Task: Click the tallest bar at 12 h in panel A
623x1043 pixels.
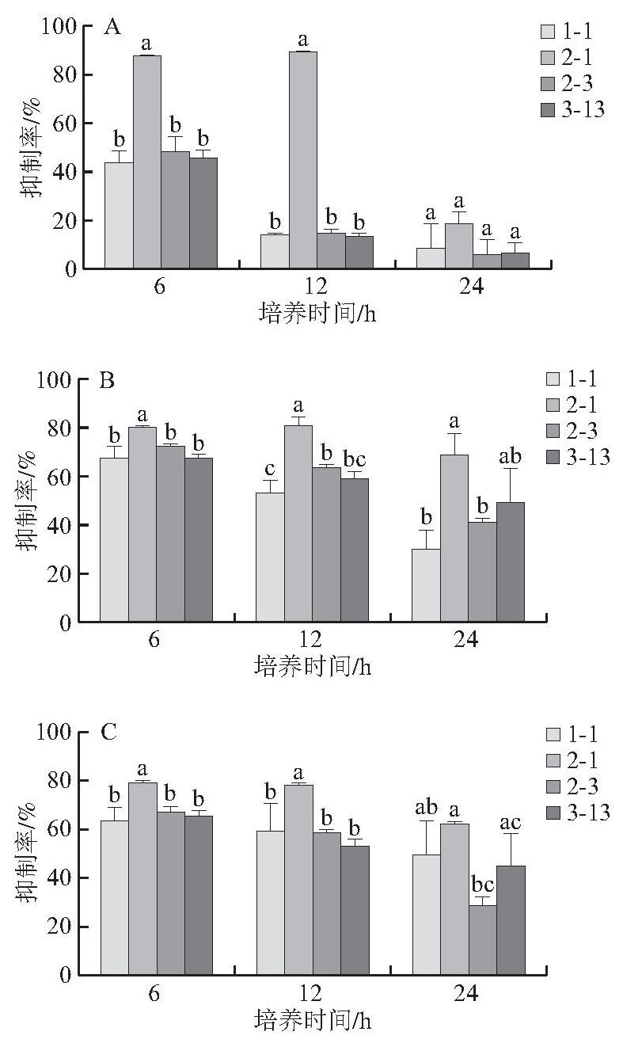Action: [x=303, y=160]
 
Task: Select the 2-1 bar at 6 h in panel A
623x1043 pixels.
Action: [x=147, y=162]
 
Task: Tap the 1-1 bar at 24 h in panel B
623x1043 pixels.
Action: [x=426, y=585]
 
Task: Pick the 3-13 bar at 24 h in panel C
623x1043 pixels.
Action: [x=511, y=920]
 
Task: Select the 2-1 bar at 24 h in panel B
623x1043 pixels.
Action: [x=454, y=538]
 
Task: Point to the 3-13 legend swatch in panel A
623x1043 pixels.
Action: [x=548, y=110]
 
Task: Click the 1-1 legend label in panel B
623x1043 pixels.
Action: [x=582, y=379]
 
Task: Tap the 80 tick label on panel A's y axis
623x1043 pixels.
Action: [x=65, y=75]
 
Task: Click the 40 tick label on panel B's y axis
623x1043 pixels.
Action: [x=59, y=525]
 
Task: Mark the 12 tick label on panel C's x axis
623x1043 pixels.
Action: [x=310, y=994]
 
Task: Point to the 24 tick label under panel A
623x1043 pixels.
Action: [x=472, y=286]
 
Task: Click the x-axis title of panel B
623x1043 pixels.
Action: [x=313, y=667]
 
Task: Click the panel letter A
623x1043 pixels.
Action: [x=112, y=28]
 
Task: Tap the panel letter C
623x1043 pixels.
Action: [x=108, y=733]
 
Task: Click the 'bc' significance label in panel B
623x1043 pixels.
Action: [x=355, y=459]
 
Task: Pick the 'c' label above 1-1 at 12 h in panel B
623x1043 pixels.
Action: [x=270, y=469]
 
